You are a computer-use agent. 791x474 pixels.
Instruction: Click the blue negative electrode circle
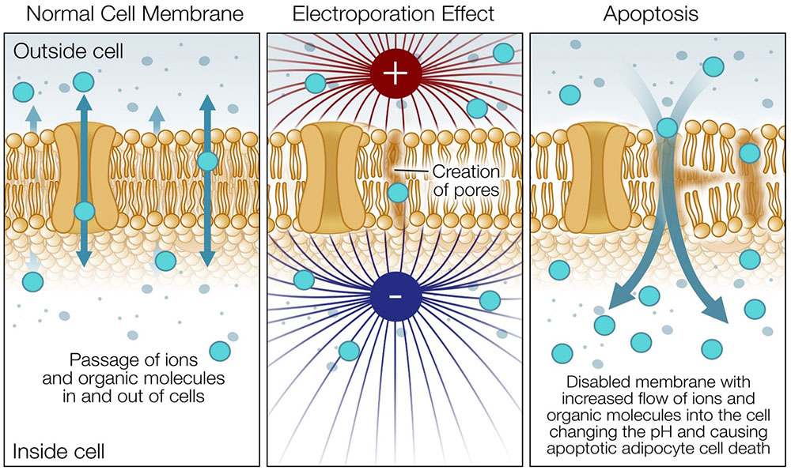point(395,297)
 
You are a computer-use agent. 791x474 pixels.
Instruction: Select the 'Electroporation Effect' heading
point(394,13)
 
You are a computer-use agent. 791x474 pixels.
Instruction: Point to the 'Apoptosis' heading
point(657,13)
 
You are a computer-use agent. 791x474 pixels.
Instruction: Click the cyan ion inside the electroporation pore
point(399,193)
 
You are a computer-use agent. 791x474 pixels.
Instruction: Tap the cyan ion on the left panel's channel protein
point(85,212)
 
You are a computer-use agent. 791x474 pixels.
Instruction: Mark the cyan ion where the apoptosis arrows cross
point(666,126)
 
